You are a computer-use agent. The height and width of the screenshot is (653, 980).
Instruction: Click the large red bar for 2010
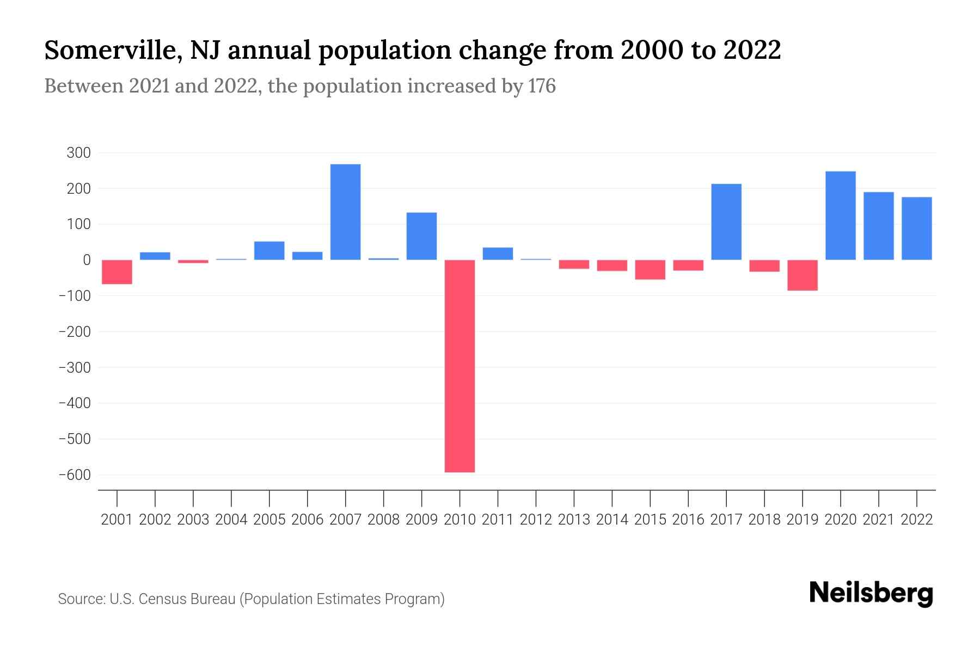[x=460, y=366]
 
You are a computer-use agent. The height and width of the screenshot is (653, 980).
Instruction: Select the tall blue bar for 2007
[x=345, y=212]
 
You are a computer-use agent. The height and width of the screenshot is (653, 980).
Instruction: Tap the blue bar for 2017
[x=726, y=221]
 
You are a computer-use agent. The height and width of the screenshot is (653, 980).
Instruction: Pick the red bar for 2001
[x=117, y=272]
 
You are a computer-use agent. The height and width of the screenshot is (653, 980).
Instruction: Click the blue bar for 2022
[x=916, y=228]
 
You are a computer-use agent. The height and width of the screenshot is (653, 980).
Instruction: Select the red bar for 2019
[x=802, y=275]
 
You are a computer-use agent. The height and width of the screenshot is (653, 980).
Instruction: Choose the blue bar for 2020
[x=840, y=215]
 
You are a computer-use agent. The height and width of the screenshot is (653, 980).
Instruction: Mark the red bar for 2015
[x=650, y=269]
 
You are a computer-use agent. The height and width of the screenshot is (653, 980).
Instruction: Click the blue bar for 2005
[x=269, y=250]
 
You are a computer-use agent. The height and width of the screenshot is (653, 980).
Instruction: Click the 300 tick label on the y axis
[x=78, y=153]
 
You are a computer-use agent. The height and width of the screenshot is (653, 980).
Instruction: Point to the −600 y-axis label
[x=75, y=475]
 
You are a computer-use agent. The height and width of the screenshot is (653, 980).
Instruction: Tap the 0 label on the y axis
[x=86, y=260]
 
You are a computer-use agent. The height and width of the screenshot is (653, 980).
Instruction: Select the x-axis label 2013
[x=574, y=520]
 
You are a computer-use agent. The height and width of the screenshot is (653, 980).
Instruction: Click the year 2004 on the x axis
[x=231, y=520]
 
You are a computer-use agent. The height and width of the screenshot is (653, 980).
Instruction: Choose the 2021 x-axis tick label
[x=878, y=520]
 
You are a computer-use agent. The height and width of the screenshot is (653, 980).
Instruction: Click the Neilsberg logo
[x=871, y=593]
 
